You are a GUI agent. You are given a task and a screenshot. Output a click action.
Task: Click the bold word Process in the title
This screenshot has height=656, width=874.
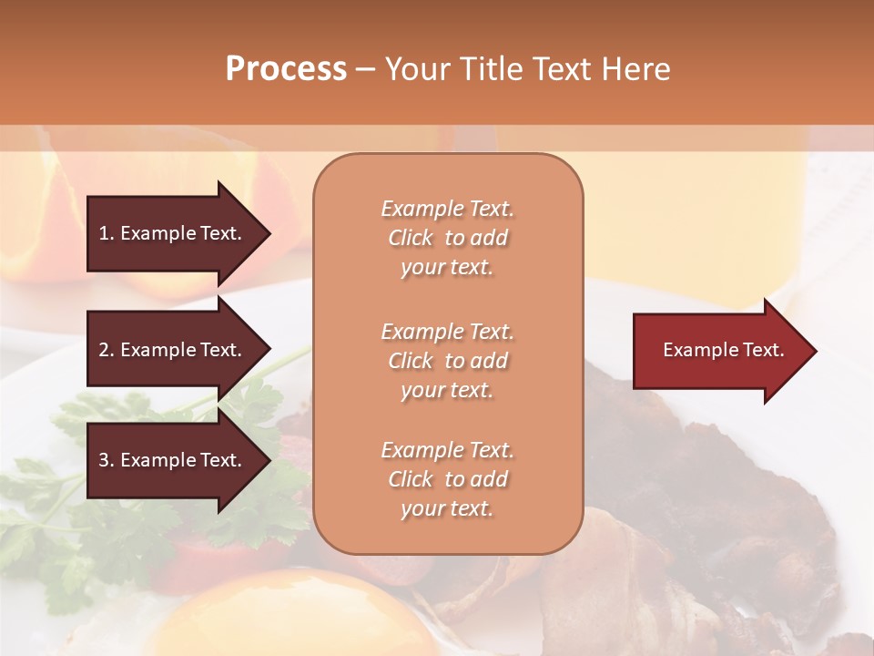[286, 69]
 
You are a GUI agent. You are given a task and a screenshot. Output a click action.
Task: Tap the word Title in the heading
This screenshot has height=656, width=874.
[492, 69]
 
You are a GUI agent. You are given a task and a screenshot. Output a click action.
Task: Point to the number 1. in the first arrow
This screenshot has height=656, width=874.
[106, 233]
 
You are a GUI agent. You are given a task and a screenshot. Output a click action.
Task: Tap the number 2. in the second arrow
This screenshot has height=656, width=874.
[106, 350]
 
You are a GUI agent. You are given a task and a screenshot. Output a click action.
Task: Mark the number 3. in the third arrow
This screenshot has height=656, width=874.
[106, 460]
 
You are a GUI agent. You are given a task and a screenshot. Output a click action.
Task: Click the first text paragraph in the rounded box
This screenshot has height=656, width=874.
[447, 238]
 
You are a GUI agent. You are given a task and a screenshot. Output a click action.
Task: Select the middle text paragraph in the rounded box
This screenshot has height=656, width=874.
[447, 361]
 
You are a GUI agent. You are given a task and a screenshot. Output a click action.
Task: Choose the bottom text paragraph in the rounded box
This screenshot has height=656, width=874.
[447, 479]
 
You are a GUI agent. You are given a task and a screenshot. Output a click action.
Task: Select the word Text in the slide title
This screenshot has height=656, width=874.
[562, 69]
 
